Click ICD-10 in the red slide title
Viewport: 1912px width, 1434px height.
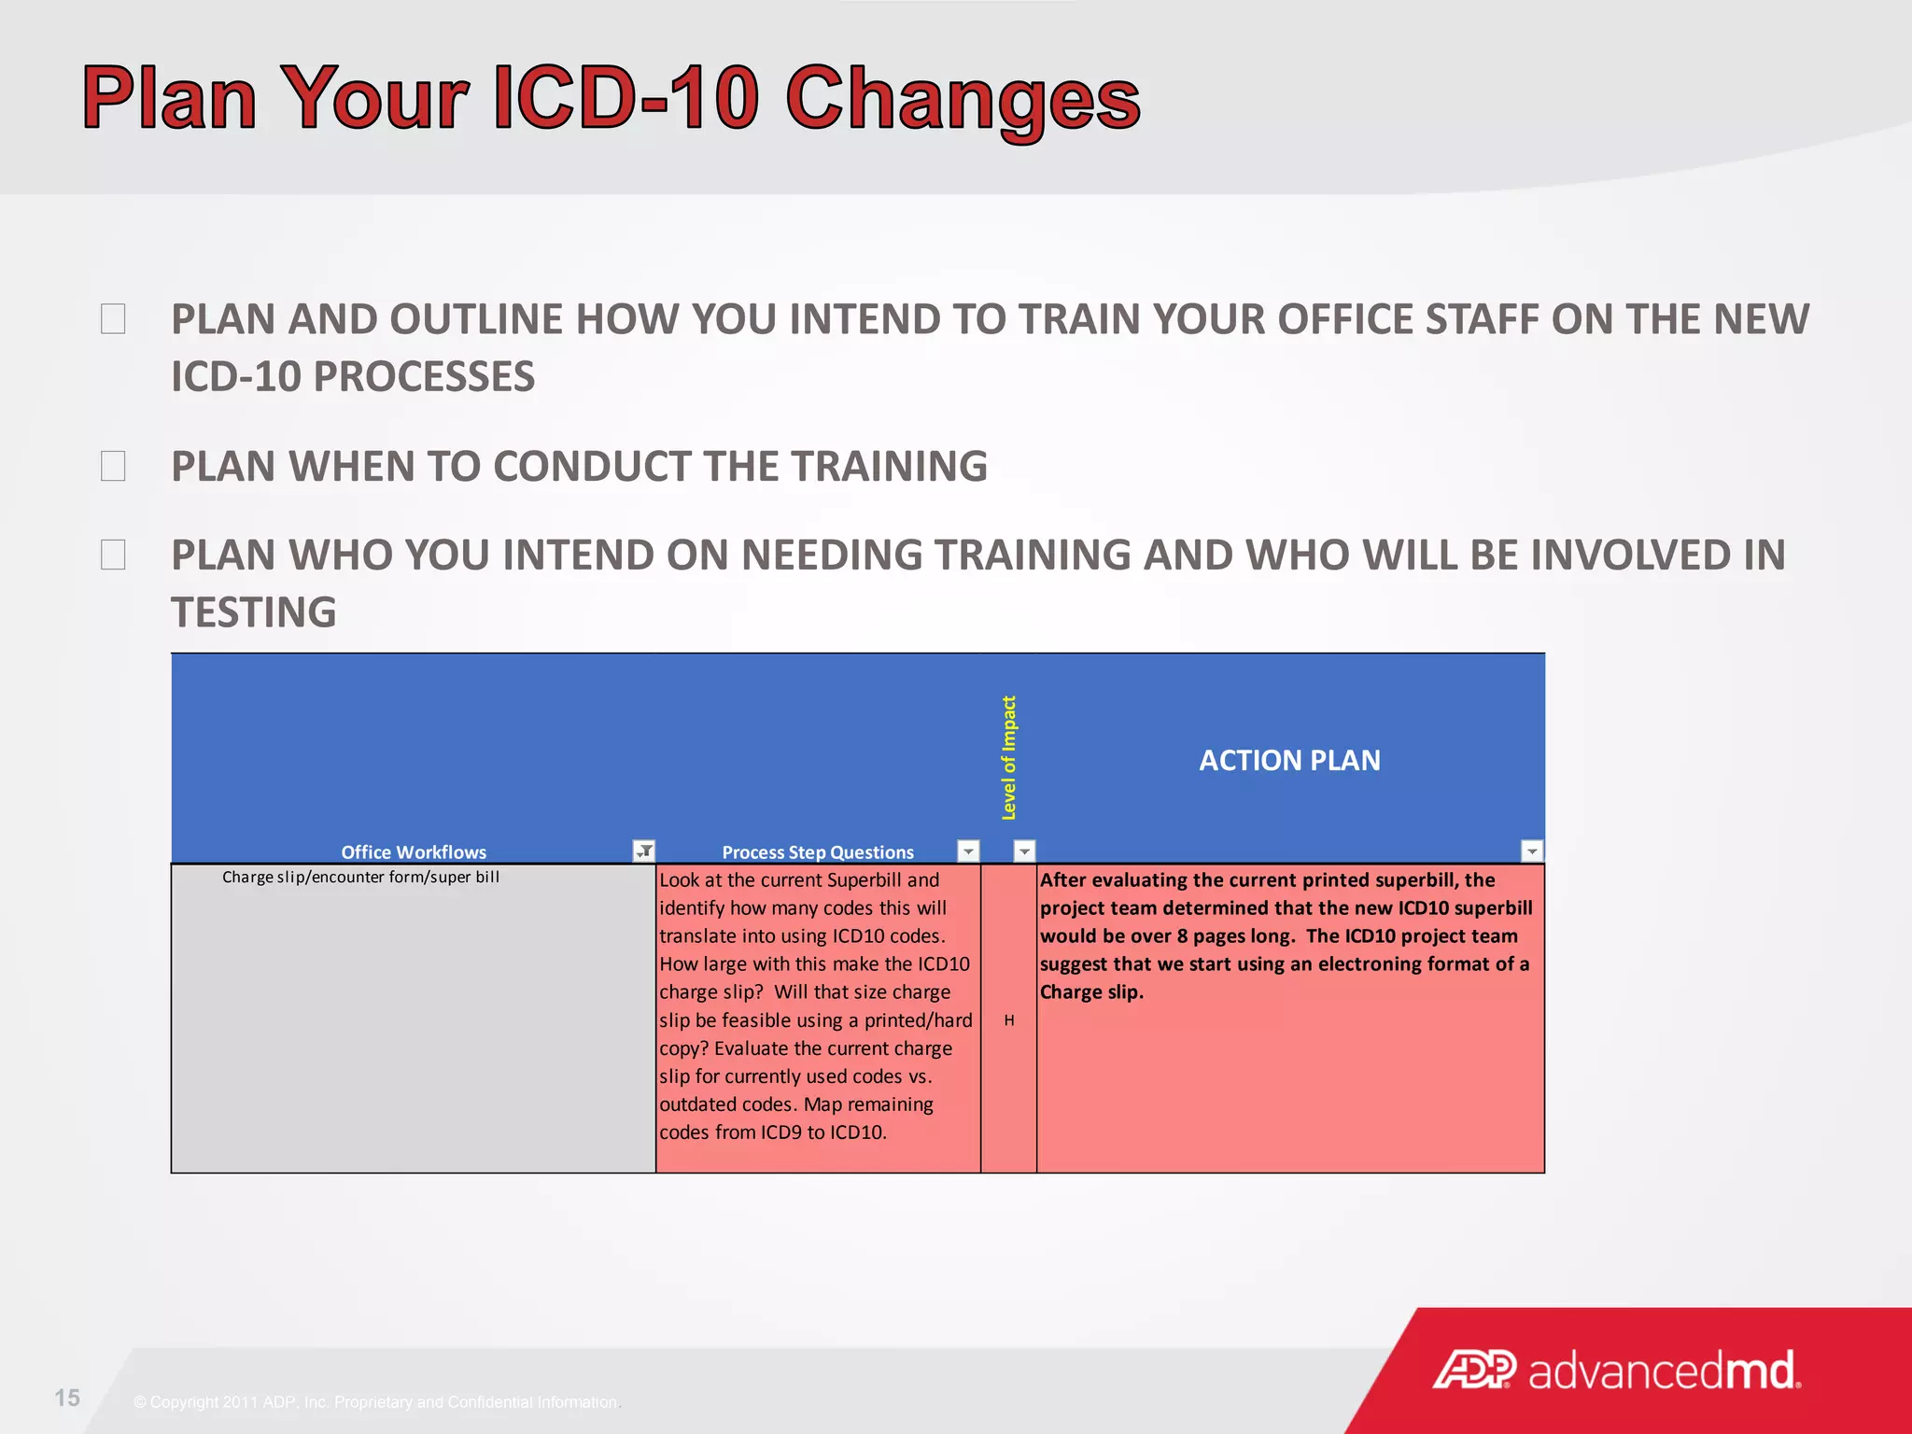(624, 98)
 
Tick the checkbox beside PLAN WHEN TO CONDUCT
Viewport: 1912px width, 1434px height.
(113, 466)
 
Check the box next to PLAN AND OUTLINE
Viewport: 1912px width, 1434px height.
(113, 319)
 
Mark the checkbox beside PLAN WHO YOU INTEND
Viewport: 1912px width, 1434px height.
(113, 555)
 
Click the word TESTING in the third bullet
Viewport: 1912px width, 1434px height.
(253, 613)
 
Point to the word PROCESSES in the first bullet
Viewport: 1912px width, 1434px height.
(423, 377)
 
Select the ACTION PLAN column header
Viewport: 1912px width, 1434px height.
(1288, 760)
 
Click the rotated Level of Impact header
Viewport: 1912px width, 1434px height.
(1008, 758)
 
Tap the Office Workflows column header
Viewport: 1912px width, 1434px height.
(414, 851)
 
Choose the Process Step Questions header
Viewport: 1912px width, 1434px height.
(818, 851)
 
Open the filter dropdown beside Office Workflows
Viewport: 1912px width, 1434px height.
(644, 851)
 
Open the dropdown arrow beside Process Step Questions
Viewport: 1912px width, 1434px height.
(968, 851)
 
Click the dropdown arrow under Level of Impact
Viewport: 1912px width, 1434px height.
(1024, 851)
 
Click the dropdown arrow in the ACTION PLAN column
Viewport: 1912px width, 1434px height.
(1532, 851)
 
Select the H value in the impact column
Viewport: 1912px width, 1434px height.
(1008, 1020)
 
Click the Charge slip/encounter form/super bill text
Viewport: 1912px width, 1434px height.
(360, 877)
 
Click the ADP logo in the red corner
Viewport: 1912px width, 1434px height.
(1474, 1370)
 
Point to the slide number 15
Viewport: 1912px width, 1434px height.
(67, 1398)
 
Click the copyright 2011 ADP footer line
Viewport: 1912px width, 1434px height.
(375, 1402)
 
